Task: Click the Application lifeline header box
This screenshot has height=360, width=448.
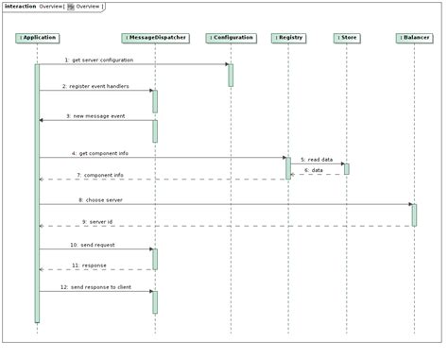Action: [38, 38]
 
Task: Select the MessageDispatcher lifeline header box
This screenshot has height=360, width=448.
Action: [154, 38]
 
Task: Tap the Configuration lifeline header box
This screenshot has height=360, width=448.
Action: [231, 38]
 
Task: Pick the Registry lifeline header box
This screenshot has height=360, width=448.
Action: [287, 38]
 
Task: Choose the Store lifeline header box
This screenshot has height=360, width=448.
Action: [346, 38]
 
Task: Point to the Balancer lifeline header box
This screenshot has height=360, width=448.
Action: [413, 38]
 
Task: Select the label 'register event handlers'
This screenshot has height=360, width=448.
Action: [95, 86]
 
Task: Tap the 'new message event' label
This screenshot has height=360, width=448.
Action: [95, 115]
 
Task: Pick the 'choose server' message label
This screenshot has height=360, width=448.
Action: [100, 199]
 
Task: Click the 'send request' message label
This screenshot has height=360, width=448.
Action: [94, 244]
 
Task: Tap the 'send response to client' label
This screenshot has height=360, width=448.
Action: [95, 285]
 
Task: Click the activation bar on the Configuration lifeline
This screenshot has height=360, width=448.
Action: [231, 75]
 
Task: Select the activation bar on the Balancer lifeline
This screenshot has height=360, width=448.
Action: [413, 214]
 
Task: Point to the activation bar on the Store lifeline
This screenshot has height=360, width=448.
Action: [346, 168]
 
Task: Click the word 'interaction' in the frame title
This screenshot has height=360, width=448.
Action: [20, 6]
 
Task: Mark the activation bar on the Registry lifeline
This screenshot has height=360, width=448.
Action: [287, 167]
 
